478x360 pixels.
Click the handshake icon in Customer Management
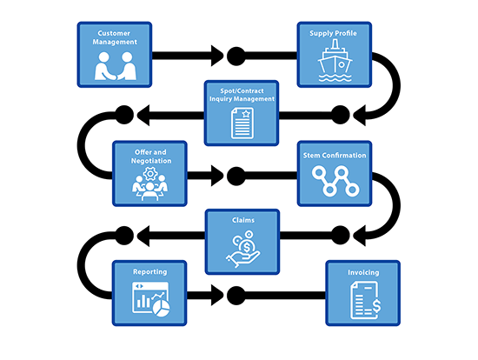116,66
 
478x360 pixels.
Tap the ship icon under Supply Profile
335,61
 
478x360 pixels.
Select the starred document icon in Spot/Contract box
242,123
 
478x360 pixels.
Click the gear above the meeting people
150,174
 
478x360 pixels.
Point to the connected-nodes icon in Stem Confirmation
335,181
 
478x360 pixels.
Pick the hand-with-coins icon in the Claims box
243,249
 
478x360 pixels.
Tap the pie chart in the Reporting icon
162,308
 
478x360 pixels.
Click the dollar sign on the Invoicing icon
376,306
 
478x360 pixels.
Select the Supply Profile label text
333,34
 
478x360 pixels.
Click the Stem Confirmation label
335,156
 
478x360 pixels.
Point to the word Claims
243,220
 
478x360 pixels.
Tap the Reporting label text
150,272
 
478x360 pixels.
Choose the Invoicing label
363,272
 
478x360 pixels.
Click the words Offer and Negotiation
151,157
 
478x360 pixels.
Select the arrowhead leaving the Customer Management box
217,56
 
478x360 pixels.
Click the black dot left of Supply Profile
236,57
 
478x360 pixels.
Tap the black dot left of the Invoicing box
236,296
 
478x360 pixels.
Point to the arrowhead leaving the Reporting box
217,296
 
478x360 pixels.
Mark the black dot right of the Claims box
340,236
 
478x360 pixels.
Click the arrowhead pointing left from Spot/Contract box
143,115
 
